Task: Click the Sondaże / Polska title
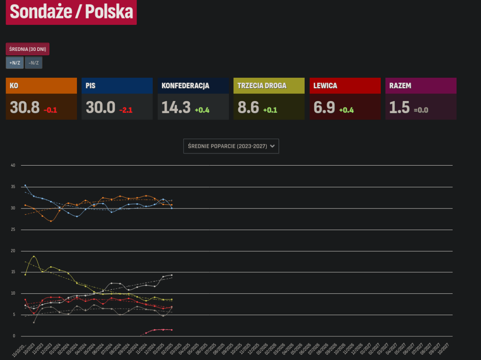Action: coord(71,12)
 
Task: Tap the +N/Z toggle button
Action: coord(14,63)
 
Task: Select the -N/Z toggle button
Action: coord(34,63)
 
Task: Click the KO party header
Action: coord(41,86)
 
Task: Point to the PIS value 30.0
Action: coord(101,107)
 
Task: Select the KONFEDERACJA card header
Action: coord(193,86)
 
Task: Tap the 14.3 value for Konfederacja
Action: coord(176,107)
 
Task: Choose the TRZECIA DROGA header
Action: coord(269,86)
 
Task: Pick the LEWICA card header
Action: coord(345,86)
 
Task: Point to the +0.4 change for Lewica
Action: coord(346,110)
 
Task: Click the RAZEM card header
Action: coord(421,86)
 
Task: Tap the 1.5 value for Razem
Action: coord(399,107)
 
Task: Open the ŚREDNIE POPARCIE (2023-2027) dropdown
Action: coord(231,146)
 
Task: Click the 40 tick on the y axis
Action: coord(13,165)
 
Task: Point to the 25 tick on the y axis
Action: coord(13,230)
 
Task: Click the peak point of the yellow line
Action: coord(34,256)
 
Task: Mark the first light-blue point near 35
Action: coord(25,185)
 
